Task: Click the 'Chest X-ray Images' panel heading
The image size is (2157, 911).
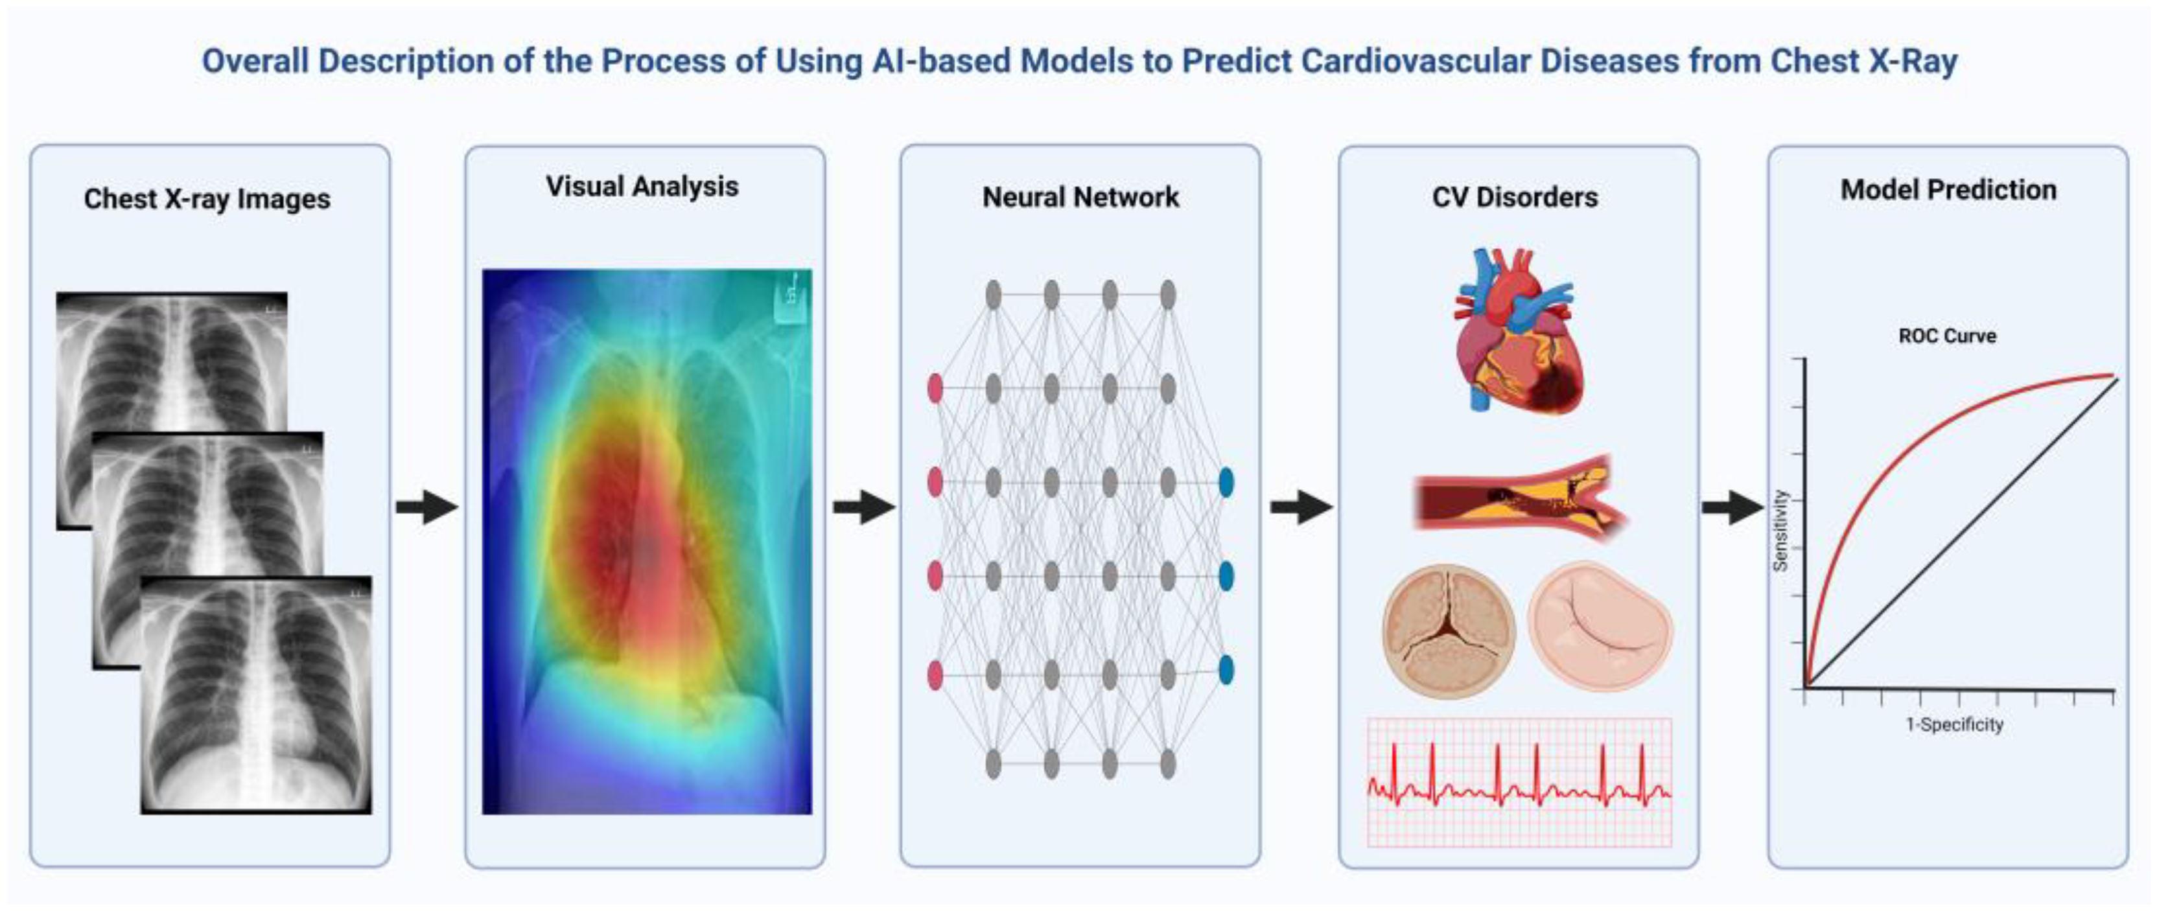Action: pos(207,200)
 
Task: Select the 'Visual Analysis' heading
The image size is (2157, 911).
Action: pos(642,186)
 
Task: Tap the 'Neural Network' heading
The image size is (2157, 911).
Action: pos(1080,198)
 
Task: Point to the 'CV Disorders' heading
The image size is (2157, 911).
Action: pos(1515,198)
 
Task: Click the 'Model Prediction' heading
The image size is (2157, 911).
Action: pos(1948,190)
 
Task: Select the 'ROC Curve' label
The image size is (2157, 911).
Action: pos(1947,336)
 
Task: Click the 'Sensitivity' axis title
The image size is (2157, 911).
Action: pos(1781,531)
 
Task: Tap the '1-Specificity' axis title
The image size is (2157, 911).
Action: pos(1954,724)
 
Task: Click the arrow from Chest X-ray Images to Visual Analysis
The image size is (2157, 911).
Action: pos(427,507)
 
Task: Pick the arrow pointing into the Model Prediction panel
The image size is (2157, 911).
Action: pos(1732,507)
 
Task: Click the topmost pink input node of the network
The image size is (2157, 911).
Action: pos(935,389)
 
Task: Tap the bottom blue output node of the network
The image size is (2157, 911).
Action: pos(1226,670)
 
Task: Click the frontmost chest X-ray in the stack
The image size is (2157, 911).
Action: pos(256,695)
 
